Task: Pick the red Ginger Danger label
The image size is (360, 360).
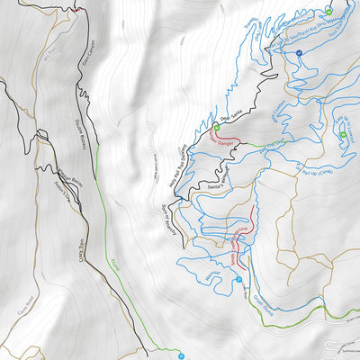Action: coord(221,140)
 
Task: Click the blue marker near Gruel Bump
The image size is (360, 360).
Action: coord(238,280)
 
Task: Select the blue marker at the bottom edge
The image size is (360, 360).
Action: coord(181,354)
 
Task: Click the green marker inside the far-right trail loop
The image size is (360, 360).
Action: coord(343,136)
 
